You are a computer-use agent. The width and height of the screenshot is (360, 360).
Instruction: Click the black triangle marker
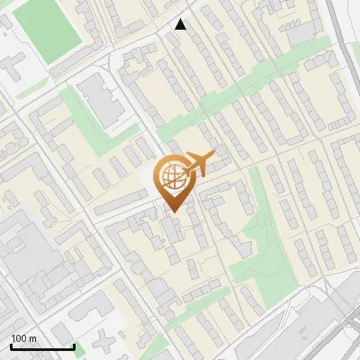pyautogui.click(x=181, y=24)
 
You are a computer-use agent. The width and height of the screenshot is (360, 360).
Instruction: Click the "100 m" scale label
pyautogui.click(x=23, y=338)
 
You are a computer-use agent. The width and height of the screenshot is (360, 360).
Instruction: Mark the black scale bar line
pyautogui.click(x=41, y=347)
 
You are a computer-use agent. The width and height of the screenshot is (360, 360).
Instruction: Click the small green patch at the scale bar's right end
pyautogui.click(x=79, y=349)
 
